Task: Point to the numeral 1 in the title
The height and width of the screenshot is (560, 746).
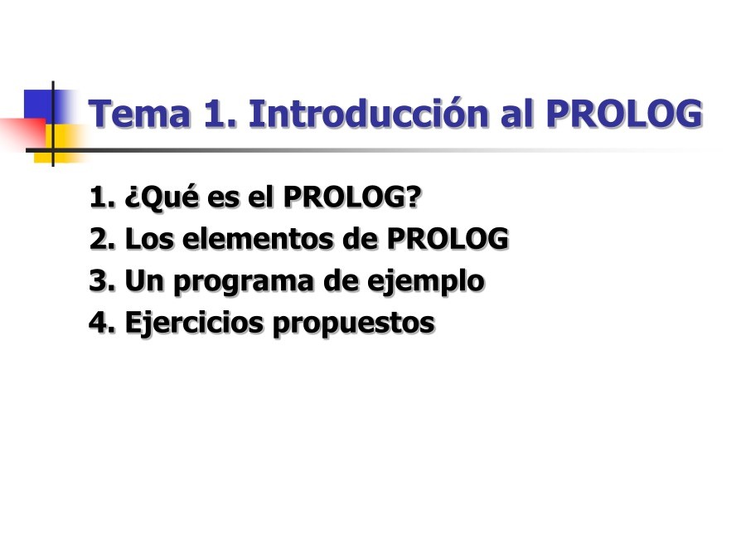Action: click(212, 114)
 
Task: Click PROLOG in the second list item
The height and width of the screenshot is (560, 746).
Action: click(448, 239)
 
